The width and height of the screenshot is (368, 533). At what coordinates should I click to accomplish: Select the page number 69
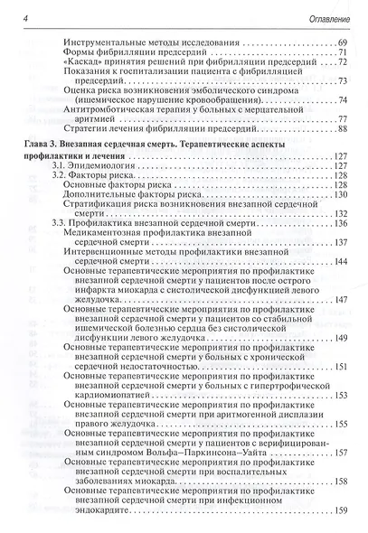tap(340, 43)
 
